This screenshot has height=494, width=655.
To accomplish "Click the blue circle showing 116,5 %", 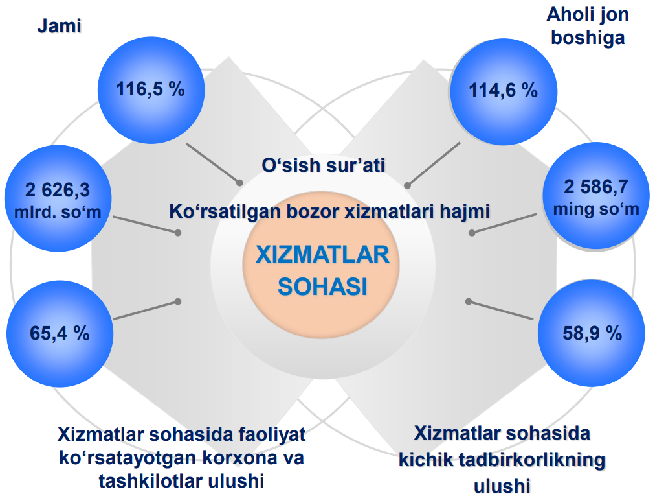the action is tap(151, 90).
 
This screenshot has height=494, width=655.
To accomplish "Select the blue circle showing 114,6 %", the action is tap(504, 92).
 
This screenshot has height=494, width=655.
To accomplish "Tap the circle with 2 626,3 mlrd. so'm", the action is tap(58, 198).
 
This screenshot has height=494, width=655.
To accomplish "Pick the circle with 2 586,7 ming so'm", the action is tap(596, 196).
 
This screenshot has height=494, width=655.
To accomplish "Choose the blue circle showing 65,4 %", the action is tap(60, 334).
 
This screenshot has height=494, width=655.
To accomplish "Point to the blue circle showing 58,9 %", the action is tap(591, 333).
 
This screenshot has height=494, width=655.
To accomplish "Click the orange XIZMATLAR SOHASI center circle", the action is tap(321, 265).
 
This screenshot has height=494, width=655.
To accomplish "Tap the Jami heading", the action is tap(59, 26).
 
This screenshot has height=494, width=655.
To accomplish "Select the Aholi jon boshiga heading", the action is tap(588, 26).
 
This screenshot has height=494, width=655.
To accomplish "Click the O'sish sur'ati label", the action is tap(324, 165).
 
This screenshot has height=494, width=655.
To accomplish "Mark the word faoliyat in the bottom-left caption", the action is tap(272, 434).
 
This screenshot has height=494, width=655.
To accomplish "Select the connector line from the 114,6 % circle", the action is tap(434, 164).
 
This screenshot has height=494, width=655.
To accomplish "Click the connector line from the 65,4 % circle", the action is tap(146, 311).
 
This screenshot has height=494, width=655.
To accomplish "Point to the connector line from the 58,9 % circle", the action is tap(501, 310).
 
